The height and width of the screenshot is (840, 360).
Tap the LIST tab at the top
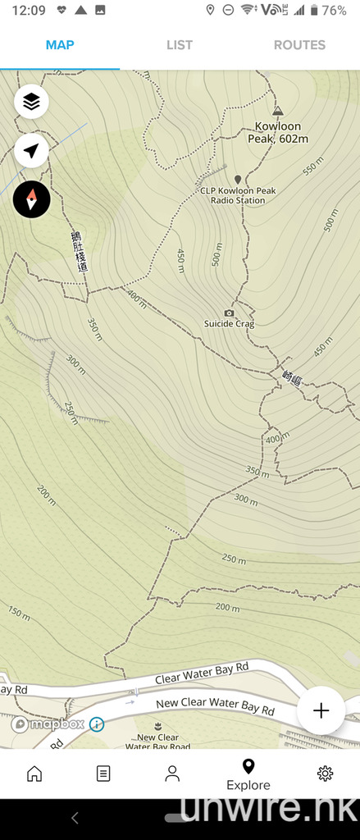(x=180, y=45)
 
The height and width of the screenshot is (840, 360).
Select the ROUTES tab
(x=299, y=45)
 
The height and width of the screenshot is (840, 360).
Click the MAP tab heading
(x=60, y=45)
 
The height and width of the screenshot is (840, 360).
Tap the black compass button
(x=31, y=199)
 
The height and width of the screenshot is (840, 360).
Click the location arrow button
(x=31, y=151)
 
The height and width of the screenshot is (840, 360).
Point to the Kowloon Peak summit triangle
(x=277, y=110)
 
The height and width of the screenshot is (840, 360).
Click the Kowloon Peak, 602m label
(x=278, y=133)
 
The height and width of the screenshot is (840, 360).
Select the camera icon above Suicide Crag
(x=229, y=313)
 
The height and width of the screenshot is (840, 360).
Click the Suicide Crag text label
(x=229, y=325)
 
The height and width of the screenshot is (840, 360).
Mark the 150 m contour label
(x=19, y=612)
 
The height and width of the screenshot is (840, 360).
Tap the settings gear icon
(x=325, y=773)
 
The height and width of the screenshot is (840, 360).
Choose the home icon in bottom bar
(x=34, y=773)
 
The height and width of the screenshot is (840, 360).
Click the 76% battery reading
(x=334, y=11)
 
